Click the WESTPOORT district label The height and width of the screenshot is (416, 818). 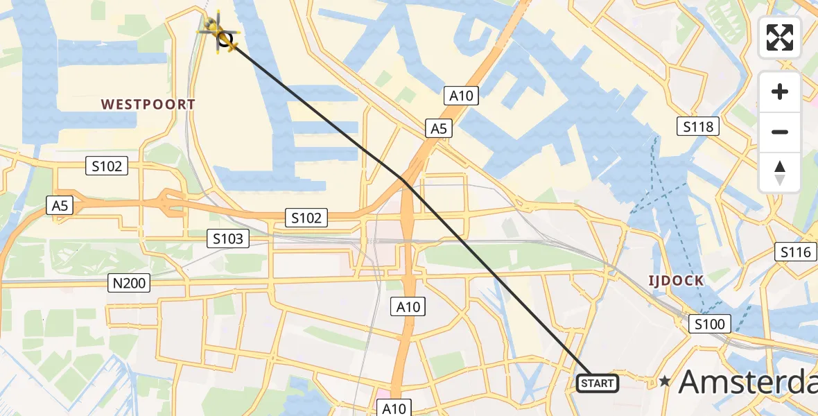coord(148,105)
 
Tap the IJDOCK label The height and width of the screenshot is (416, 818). coord(676,281)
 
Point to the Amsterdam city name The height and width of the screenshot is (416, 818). coord(747,381)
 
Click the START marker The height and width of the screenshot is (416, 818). coord(598,383)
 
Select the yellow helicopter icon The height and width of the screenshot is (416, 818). coord(218,33)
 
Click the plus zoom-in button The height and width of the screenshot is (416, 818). coord(780,92)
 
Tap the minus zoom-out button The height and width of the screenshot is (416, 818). coord(780,132)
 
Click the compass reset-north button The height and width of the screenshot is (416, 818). coord(780,172)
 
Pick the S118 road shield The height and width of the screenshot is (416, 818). coord(698,126)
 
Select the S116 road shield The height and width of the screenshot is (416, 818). coord(795,252)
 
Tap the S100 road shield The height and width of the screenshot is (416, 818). coord(709,324)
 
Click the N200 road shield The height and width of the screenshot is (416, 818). coord(128,283)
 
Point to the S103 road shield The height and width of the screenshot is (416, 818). coord(227,239)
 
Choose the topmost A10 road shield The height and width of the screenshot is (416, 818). coord(461,96)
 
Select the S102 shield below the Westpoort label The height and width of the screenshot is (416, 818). coord(107,166)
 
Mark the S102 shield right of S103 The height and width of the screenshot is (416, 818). coord(306,218)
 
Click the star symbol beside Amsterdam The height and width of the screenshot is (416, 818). coord(665,381)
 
